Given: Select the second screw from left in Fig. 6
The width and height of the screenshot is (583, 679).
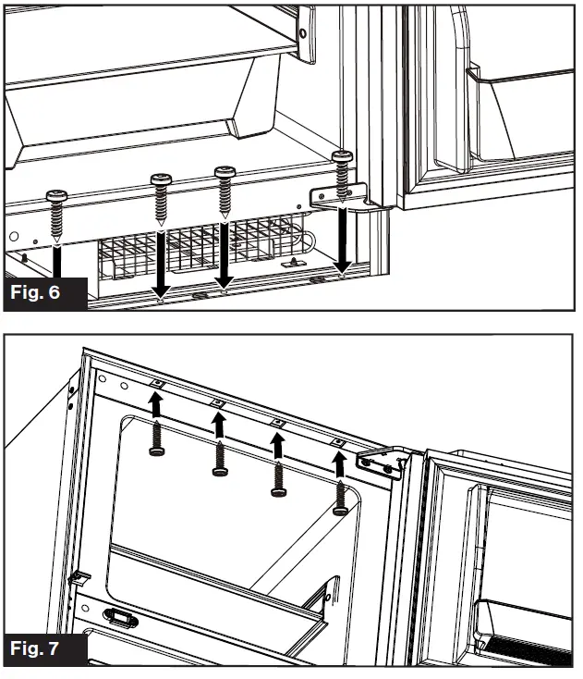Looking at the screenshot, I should tap(162, 200).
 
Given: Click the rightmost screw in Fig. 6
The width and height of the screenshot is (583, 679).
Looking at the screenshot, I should tap(342, 174).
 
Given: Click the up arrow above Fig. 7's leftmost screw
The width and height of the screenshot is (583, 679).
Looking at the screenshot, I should tap(157, 404).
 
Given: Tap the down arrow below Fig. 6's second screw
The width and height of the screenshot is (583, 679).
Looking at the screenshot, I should tap(162, 263).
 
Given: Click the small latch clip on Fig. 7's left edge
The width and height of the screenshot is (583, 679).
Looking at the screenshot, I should tap(79, 578).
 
